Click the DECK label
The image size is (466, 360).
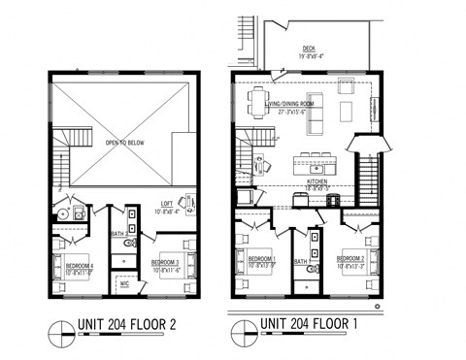[310, 49]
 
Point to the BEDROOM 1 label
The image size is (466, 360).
[261, 259]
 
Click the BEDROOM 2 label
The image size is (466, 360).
[350, 259]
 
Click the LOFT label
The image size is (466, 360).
[166, 207]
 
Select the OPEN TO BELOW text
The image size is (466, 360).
[125, 144]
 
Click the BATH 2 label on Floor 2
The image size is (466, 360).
[116, 234]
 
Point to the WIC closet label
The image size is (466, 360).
[124, 283]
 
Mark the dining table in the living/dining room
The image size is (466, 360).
[259, 103]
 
